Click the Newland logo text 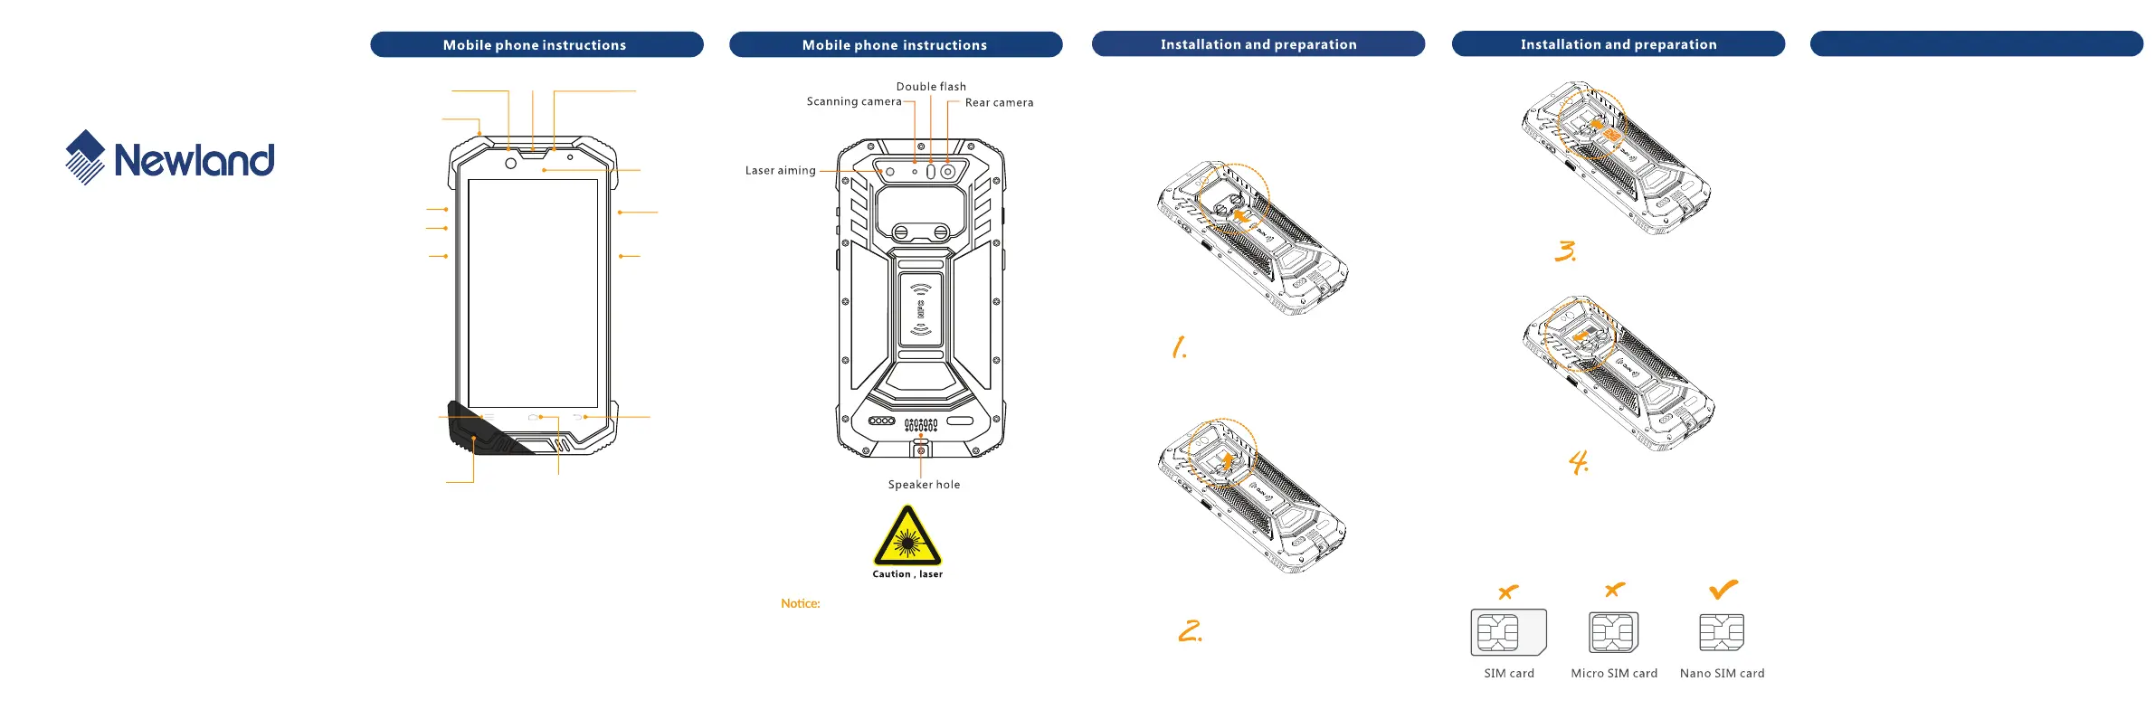pyautogui.click(x=195, y=160)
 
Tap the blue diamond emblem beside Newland pyautogui.click(x=85, y=157)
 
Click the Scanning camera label pyautogui.click(x=854, y=102)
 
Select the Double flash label pyautogui.click(x=931, y=87)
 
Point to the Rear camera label pyautogui.click(x=999, y=103)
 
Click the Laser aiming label pyautogui.click(x=780, y=171)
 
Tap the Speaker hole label pyautogui.click(x=924, y=485)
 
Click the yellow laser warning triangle pyautogui.click(x=907, y=535)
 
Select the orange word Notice pyautogui.click(x=801, y=603)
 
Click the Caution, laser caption pyautogui.click(x=907, y=574)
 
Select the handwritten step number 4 pyautogui.click(x=1579, y=463)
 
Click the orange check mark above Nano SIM pyautogui.click(x=1723, y=590)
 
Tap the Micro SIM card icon pyautogui.click(x=1614, y=632)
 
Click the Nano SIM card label pyautogui.click(x=1722, y=674)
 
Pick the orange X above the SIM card pyautogui.click(x=1508, y=592)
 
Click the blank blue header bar pyautogui.click(x=1976, y=43)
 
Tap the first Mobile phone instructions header pyautogui.click(x=536, y=44)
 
